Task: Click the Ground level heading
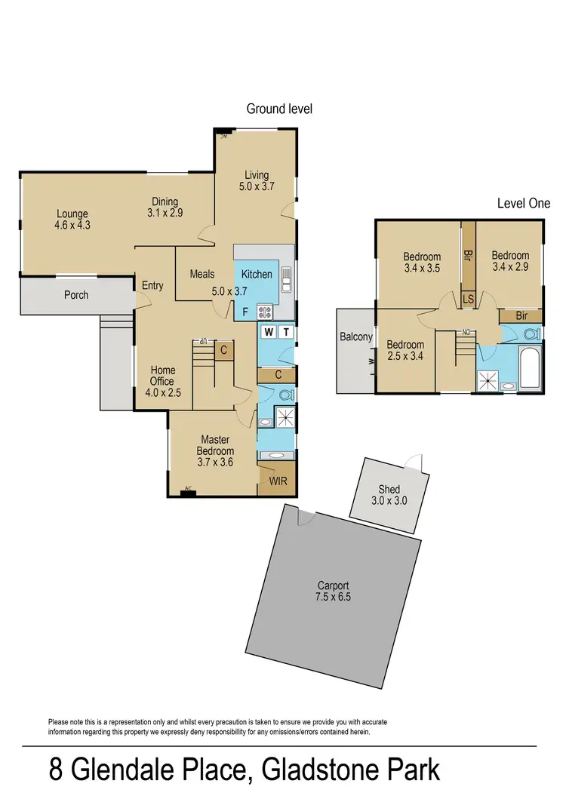click(x=279, y=109)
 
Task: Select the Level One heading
click(x=523, y=204)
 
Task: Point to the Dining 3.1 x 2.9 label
click(x=164, y=207)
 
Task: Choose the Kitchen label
click(x=257, y=275)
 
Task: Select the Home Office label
click(x=163, y=376)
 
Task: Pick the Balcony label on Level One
click(x=356, y=337)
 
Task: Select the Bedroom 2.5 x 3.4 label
click(x=405, y=351)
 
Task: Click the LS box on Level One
click(x=468, y=300)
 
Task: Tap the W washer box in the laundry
click(x=269, y=331)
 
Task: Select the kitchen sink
click(x=286, y=279)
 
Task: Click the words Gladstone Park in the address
click(x=351, y=772)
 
